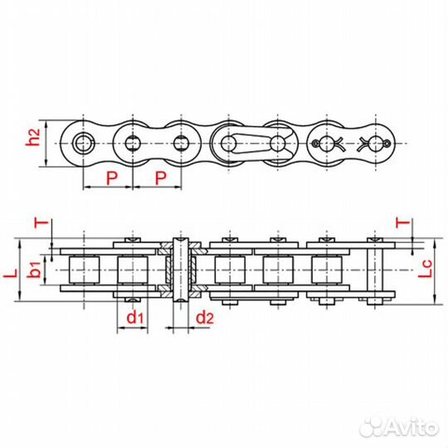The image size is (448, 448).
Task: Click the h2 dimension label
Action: (32, 142)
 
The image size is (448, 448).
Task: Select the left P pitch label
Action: (110, 178)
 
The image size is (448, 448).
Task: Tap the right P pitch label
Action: (161, 178)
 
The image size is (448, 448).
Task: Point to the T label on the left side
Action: (37, 222)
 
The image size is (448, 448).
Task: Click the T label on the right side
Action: (402, 222)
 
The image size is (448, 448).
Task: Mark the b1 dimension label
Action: (32, 270)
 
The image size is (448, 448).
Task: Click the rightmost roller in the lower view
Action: (326, 270)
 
